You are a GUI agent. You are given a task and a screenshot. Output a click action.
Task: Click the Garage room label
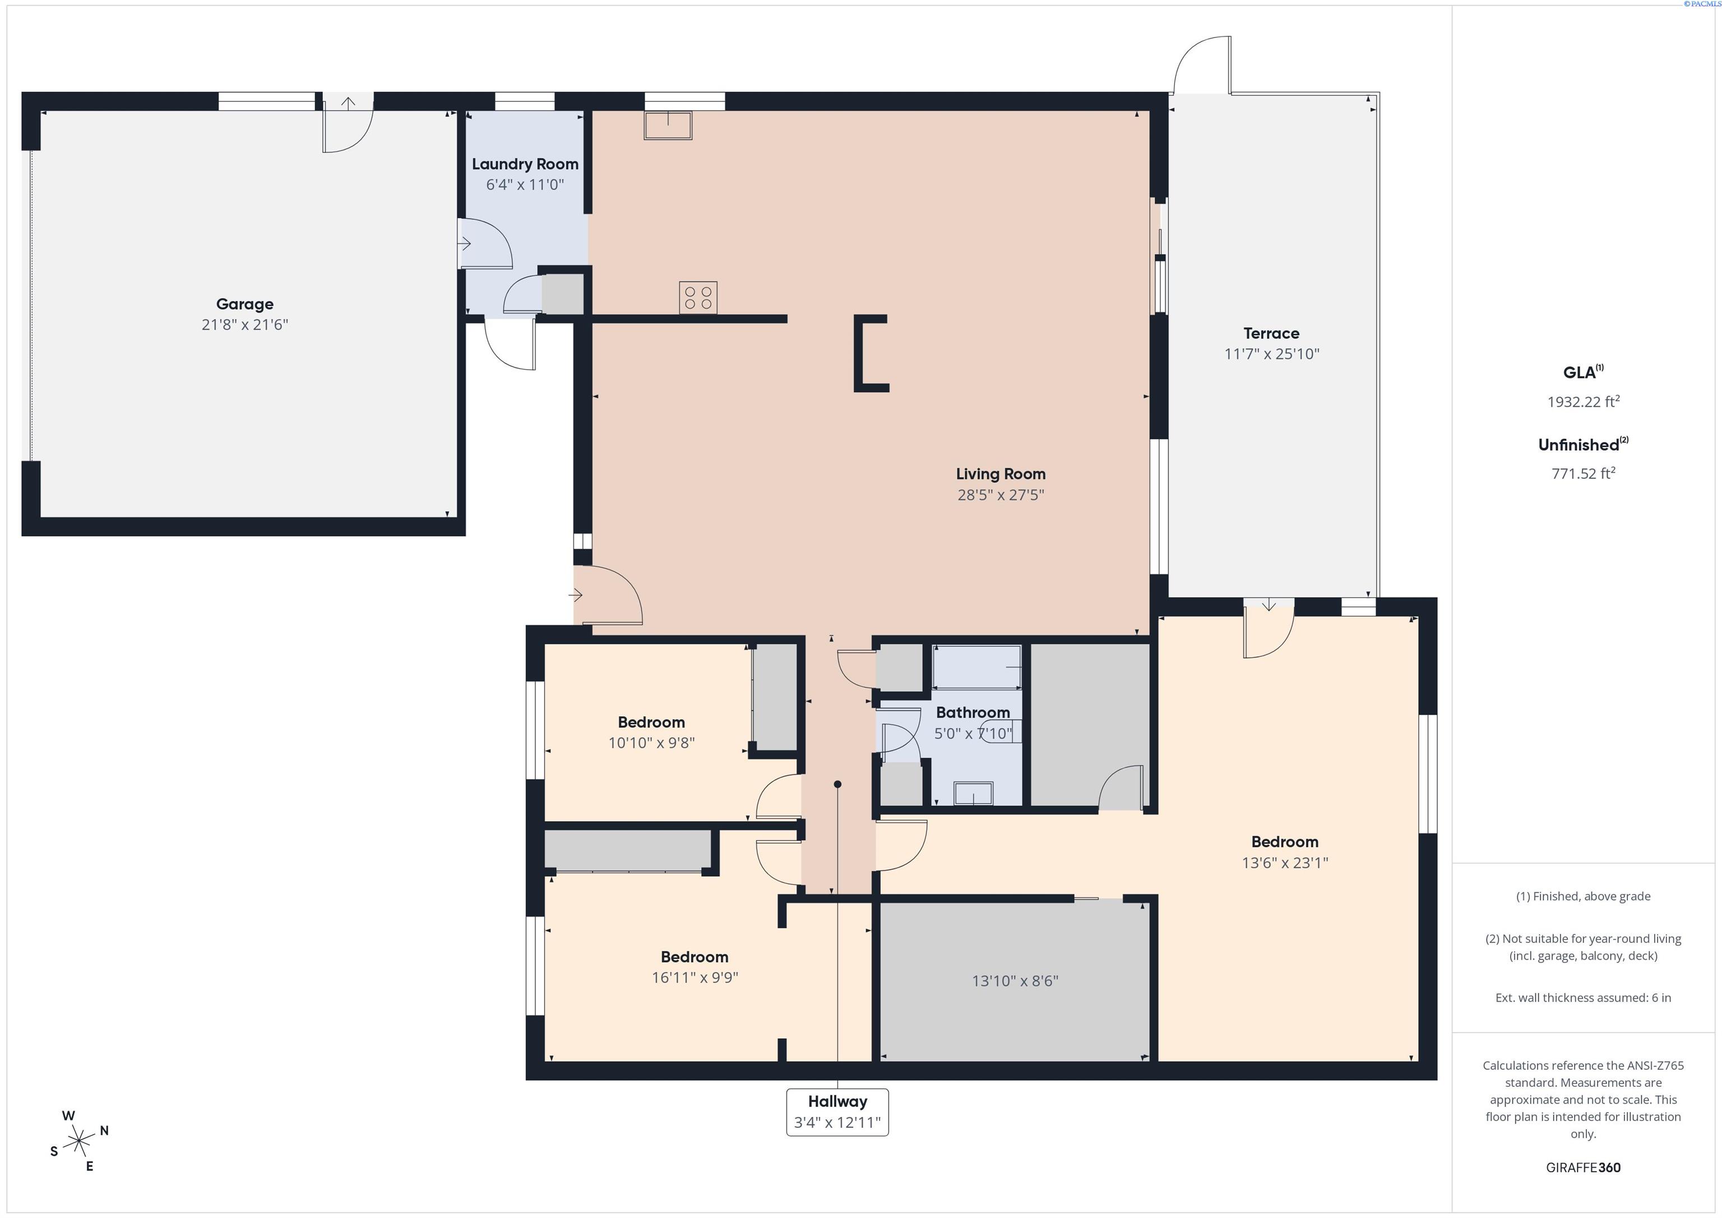tap(244, 304)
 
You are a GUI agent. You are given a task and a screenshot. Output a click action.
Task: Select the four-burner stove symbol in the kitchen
tap(697, 297)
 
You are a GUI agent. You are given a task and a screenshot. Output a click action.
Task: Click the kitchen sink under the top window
tap(668, 125)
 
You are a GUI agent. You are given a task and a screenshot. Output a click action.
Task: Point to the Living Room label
tap(1000, 474)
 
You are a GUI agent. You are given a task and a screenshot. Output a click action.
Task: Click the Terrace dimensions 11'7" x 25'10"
tap(1271, 354)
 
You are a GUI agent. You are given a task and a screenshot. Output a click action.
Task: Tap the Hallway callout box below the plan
tap(837, 1112)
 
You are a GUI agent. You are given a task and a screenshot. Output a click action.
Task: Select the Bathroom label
tap(972, 712)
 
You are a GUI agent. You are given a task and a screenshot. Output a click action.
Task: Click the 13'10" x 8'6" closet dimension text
tap(1014, 981)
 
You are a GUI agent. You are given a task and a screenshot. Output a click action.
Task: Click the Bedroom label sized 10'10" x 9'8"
tap(651, 723)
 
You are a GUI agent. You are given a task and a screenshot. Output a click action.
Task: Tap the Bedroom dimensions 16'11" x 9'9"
tap(695, 977)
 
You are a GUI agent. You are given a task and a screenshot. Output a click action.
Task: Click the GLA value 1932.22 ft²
tap(1582, 402)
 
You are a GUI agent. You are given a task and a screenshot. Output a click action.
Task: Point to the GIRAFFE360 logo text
tap(1582, 1168)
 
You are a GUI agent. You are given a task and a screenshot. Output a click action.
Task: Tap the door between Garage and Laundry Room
tap(484, 244)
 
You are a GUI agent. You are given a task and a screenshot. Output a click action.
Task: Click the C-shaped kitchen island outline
tap(870, 353)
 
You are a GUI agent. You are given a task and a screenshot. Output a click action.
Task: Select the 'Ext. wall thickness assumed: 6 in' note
tap(1582, 998)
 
